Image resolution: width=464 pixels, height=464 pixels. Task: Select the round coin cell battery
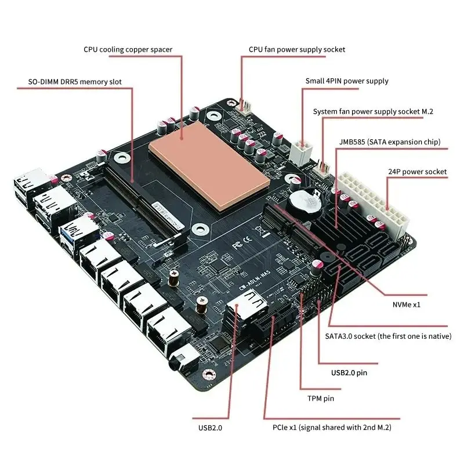coord(304,203)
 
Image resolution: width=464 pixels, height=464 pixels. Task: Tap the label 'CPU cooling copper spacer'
coord(128,49)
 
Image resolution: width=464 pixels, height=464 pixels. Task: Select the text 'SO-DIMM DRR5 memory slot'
coord(75,82)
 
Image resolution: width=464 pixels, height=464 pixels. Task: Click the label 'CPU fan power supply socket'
coord(296,49)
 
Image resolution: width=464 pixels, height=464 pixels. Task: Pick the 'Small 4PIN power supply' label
coord(347,81)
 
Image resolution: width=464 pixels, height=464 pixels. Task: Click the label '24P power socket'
coord(416,171)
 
